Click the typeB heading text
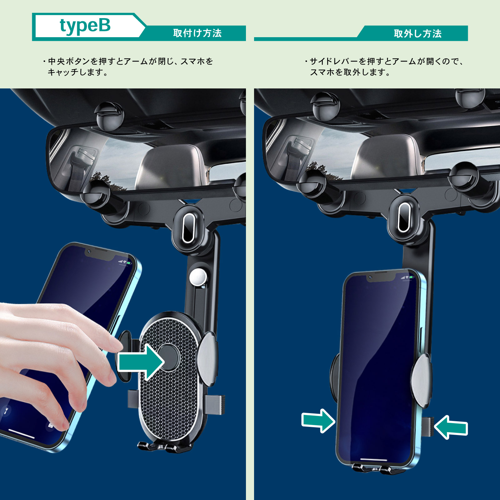(x=85, y=26)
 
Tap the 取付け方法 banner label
(x=197, y=33)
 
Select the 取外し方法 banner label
(x=417, y=33)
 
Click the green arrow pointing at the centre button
(x=141, y=362)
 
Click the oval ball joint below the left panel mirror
(x=188, y=228)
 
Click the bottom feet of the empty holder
(x=165, y=447)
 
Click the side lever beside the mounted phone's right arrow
(x=427, y=427)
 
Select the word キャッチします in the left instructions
(x=78, y=72)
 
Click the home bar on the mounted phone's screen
(x=374, y=459)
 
